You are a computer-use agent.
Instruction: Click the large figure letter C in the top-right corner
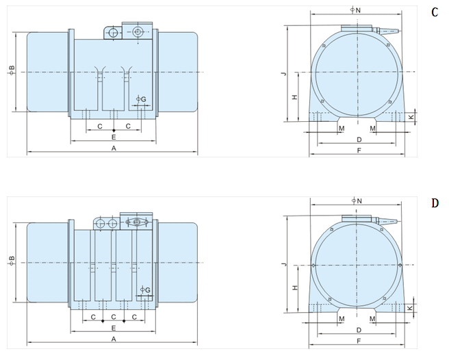435,12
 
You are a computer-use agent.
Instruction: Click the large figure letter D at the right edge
435,203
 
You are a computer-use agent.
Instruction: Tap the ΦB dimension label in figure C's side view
12,70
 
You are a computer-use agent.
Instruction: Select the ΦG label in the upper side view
141,99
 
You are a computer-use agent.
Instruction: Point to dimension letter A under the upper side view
114,148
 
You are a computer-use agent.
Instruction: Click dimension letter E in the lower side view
114,328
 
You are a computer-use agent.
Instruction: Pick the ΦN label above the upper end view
355,10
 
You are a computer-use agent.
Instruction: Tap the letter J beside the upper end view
284,74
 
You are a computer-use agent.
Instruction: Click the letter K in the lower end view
410,308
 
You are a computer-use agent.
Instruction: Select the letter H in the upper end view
294,97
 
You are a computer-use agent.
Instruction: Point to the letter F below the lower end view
359,341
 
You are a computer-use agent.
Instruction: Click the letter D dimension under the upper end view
359,140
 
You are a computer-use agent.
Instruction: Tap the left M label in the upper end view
342,128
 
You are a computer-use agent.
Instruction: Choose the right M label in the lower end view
372,319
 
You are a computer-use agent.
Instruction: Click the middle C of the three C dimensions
114,317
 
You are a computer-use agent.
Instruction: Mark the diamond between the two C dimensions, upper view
114,130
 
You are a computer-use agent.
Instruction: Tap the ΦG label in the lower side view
145,290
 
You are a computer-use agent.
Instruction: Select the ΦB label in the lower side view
12,261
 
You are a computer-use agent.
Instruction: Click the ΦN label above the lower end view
357,201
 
